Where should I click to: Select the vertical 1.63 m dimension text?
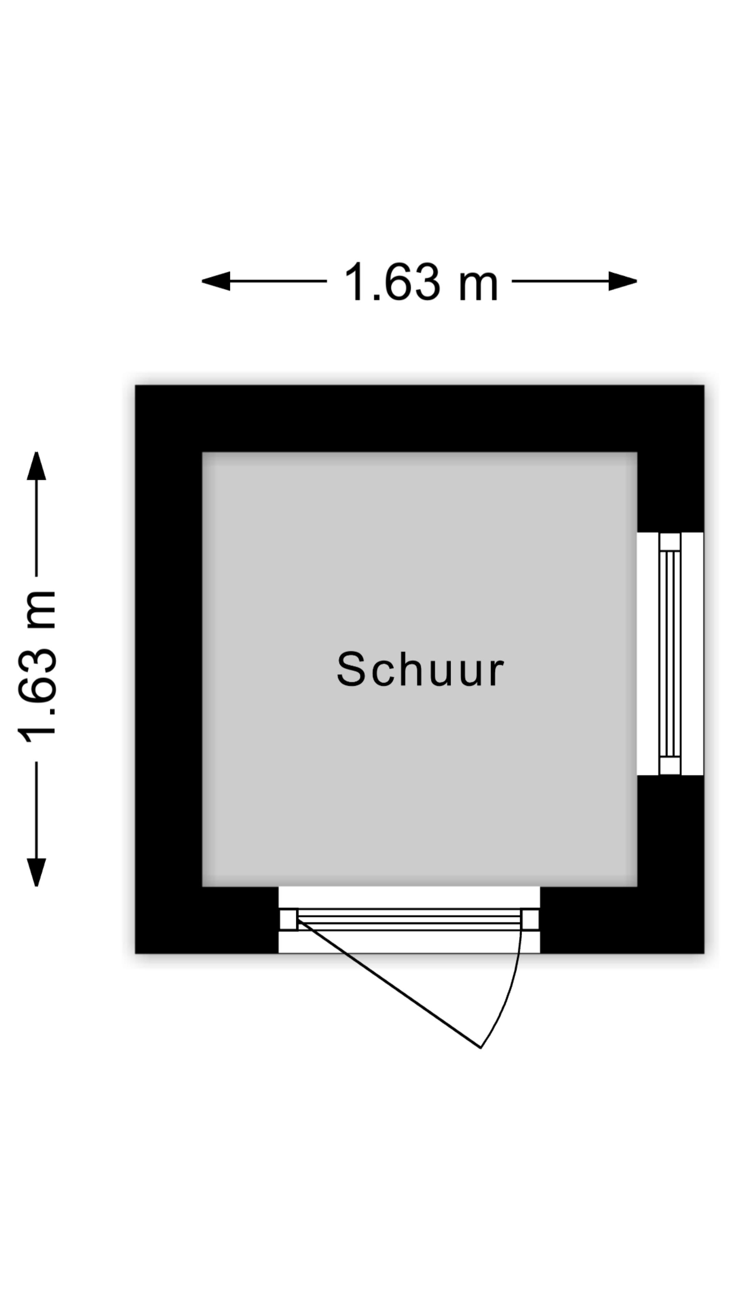coord(37,667)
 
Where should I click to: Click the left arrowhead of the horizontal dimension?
coord(216,281)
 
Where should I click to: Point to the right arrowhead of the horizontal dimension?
coord(623,281)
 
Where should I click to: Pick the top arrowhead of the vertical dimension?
coord(37,466)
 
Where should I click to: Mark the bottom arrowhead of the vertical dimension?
coord(37,872)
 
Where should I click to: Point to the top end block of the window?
coord(670,541)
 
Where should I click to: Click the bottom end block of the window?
coord(670,766)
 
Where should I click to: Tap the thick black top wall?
coord(420,418)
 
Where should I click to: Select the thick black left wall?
coord(168,669)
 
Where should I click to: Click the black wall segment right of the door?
coord(622,920)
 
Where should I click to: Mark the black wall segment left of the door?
coord(207,920)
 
